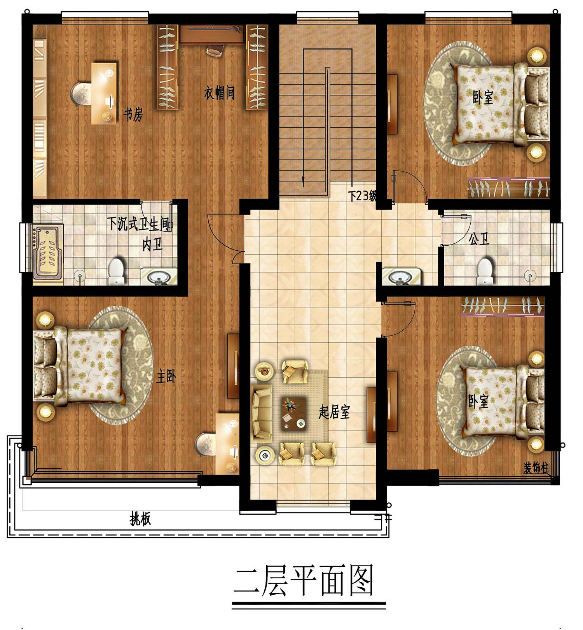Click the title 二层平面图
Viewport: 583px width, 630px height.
click(x=304, y=581)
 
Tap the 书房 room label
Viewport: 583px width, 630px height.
click(x=133, y=114)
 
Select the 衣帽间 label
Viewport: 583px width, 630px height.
click(x=220, y=93)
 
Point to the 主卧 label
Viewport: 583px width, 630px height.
click(x=166, y=376)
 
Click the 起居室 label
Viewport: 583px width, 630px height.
click(x=334, y=412)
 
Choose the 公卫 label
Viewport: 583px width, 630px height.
click(x=479, y=239)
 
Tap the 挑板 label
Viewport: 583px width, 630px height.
click(x=140, y=519)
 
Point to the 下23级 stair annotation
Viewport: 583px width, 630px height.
click(x=362, y=195)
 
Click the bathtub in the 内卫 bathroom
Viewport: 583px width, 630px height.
click(x=48, y=252)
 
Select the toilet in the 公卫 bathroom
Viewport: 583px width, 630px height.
click(x=485, y=271)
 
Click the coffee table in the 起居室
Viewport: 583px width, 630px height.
click(x=293, y=413)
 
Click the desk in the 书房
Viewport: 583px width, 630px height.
click(x=104, y=93)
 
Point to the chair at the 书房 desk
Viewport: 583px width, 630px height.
click(x=81, y=94)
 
